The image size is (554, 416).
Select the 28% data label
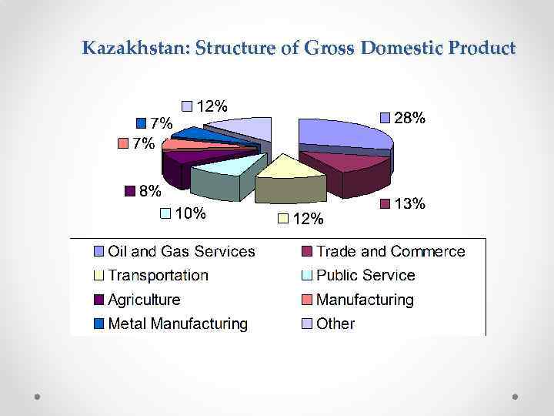coord(409,118)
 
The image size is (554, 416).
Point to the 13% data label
coord(409,203)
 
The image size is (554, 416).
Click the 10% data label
coord(189,213)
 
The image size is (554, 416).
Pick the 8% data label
coord(150,190)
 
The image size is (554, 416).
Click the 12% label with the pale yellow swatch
coord(308,219)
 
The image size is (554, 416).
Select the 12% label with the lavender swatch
coord(212,106)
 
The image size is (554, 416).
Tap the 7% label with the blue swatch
coord(161,122)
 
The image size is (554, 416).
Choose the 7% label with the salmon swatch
coord(143,143)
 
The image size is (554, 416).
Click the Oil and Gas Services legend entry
coord(181,251)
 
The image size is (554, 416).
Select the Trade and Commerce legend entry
coord(390,251)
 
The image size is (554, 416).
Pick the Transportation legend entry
coord(158,275)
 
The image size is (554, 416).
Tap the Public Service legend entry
coord(365,275)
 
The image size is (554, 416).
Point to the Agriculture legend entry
coord(144,300)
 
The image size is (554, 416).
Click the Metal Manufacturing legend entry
coord(178,324)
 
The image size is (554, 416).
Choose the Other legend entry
coord(335,324)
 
